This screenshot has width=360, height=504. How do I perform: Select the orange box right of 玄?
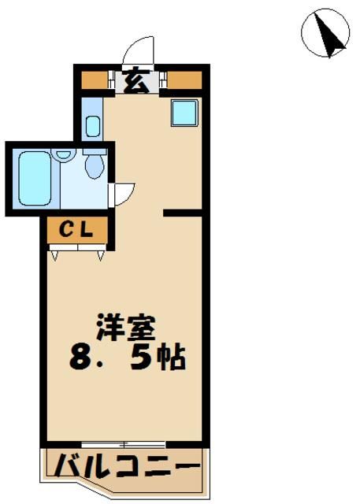click(184, 80)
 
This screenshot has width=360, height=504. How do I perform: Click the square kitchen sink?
click(184, 113)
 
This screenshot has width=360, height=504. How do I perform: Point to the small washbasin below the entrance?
click(92, 125)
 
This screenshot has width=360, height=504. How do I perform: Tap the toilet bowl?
click(95, 165)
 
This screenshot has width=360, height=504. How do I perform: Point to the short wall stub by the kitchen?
click(183, 213)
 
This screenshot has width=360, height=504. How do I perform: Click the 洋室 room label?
click(126, 325)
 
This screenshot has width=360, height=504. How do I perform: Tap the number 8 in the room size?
click(79, 358)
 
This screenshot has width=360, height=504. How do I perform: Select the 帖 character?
click(175, 358)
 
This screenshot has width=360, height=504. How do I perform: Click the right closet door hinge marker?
click(101, 254)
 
